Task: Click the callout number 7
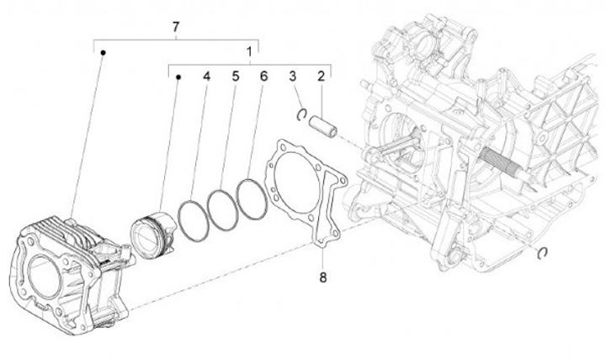click(175, 28)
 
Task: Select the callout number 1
click(249, 52)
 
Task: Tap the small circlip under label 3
click(300, 114)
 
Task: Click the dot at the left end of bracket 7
click(103, 52)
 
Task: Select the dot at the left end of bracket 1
click(178, 77)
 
